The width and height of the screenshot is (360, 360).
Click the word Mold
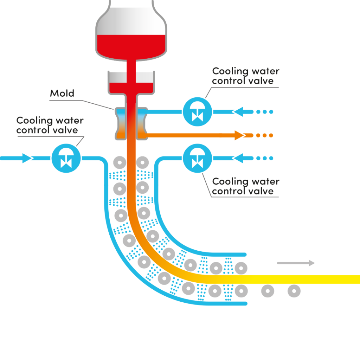(x=62, y=93)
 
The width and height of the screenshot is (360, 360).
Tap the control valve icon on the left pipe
(x=66, y=158)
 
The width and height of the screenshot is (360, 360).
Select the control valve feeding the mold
(x=198, y=112)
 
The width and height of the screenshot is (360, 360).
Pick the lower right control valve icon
(x=198, y=158)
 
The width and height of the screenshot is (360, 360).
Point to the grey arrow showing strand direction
(x=296, y=263)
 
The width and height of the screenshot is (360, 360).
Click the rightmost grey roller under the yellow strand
(x=294, y=291)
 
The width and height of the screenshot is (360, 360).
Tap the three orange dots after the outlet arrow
(x=264, y=135)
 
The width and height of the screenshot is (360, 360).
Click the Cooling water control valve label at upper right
(x=246, y=76)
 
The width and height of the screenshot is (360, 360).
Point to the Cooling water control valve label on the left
(x=50, y=125)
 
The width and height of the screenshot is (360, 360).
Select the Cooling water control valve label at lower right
(x=246, y=186)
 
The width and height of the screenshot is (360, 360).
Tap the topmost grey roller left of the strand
(x=120, y=162)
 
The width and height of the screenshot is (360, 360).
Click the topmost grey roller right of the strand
(x=142, y=162)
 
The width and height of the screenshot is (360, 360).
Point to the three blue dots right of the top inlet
(x=265, y=112)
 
